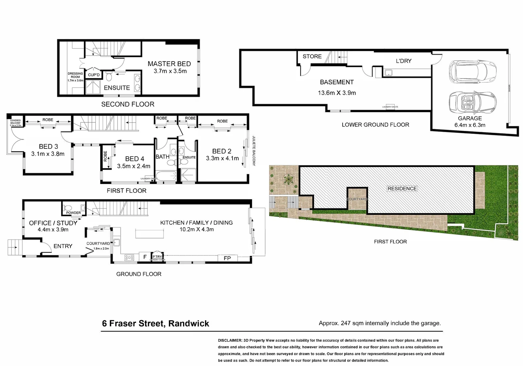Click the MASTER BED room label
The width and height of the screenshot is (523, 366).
click(x=169, y=64)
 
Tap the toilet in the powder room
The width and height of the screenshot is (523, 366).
click(x=68, y=207)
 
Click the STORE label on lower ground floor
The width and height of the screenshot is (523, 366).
click(x=312, y=56)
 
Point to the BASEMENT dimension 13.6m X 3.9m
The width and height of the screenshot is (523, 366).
click(x=337, y=93)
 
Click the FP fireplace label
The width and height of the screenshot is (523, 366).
click(x=227, y=258)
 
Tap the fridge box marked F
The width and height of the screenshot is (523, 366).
click(x=145, y=257)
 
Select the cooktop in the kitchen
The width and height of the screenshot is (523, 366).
click(x=129, y=258)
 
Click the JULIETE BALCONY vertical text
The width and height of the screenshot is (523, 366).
click(x=254, y=151)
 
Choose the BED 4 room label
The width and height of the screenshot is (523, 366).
click(x=135, y=159)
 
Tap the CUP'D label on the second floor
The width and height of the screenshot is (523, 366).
click(x=94, y=75)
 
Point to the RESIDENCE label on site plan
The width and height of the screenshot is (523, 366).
click(x=402, y=188)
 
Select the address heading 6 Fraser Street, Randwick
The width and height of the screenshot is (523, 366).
click(x=156, y=323)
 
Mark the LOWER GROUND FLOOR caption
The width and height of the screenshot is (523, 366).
click(x=375, y=125)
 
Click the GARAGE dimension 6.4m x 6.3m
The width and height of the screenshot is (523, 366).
click(x=470, y=125)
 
